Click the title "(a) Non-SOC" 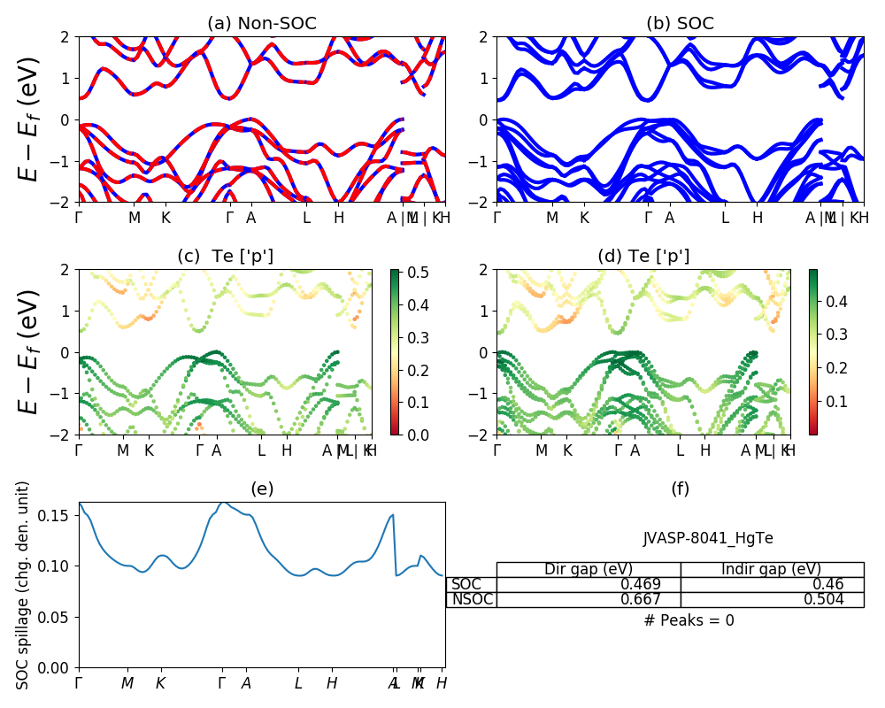262,24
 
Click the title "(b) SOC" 680,24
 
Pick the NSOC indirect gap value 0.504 822,599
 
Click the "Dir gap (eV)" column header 589,569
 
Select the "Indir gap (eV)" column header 772,569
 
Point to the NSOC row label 472,599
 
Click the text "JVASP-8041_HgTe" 708,538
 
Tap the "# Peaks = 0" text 689,620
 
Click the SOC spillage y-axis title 24,584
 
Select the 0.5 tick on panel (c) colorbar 410,272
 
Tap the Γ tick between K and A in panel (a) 230,217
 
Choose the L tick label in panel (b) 725,217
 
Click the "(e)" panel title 262,489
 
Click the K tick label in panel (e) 160,683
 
